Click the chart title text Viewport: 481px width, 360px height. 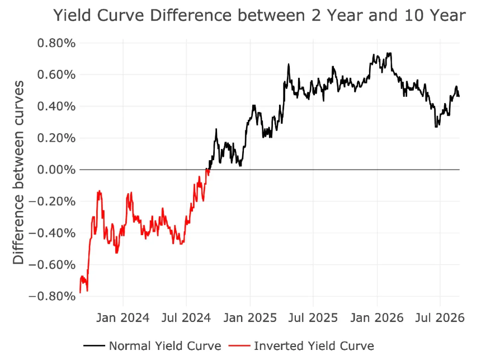[x=260, y=15]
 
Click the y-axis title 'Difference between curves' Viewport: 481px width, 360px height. [x=18, y=172]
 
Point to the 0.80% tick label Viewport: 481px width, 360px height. [x=56, y=43]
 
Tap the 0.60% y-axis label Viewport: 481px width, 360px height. [x=56, y=74]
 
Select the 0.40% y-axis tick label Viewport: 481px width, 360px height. [x=56, y=106]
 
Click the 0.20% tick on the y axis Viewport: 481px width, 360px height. [x=56, y=138]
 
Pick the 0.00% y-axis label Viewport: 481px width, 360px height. [x=56, y=170]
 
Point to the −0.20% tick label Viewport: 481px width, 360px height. [x=52, y=202]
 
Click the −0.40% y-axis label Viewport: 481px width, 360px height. [x=52, y=233]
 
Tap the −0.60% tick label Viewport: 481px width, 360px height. [x=52, y=265]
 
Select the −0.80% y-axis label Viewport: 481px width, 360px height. [x=52, y=296]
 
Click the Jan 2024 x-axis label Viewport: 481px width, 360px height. [x=123, y=317]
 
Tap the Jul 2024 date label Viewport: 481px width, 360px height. [x=186, y=317]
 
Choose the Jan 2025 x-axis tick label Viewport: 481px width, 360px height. [x=250, y=317]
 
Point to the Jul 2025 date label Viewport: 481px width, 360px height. [x=313, y=317]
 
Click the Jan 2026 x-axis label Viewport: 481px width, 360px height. [x=377, y=317]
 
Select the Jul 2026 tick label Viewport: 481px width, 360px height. [x=440, y=317]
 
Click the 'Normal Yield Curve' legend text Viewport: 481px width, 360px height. [x=165, y=346]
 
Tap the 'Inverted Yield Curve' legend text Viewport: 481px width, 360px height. [x=314, y=346]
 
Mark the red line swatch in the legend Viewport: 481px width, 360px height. [x=239, y=346]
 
